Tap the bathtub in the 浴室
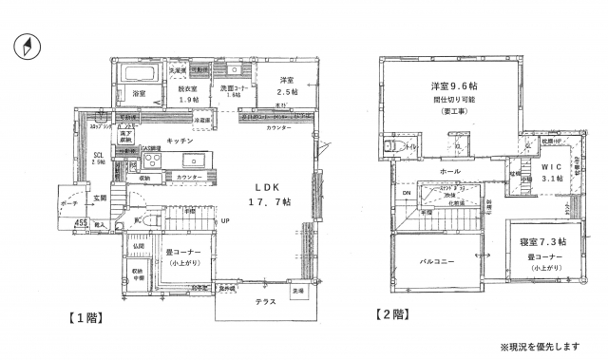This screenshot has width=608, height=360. (139, 73)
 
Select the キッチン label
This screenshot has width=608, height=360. (180, 140)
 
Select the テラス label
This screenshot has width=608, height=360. (266, 300)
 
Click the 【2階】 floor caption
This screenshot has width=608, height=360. (392, 313)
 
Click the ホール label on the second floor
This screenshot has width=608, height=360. (449, 171)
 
